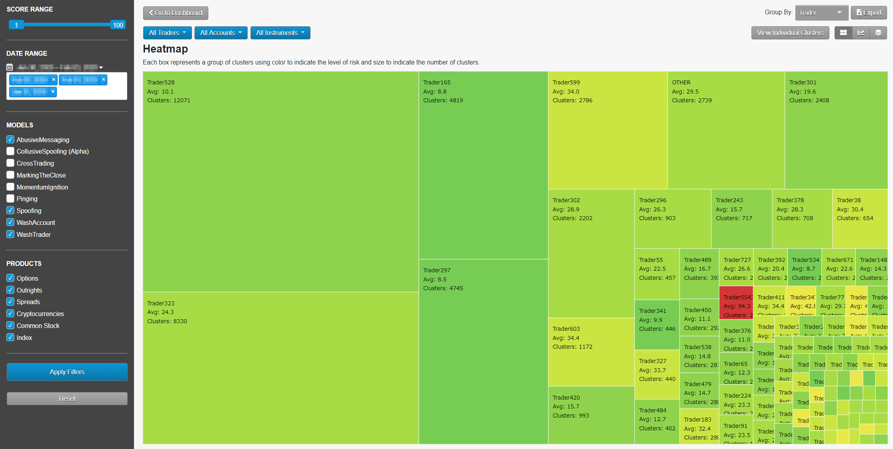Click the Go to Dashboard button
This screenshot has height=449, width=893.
click(175, 13)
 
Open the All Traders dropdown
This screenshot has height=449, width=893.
click(167, 33)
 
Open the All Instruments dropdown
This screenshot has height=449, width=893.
click(280, 33)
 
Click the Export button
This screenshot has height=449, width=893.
click(868, 13)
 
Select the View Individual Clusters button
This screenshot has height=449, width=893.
click(790, 33)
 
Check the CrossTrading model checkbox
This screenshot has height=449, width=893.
click(10, 163)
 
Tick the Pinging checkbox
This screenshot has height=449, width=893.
click(10, 199)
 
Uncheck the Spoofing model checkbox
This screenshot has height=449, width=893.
click(10, 211)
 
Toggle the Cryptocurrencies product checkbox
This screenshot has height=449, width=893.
click(10, 314)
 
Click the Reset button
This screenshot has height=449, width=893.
click(67, 398)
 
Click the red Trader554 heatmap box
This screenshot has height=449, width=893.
click(736, 303)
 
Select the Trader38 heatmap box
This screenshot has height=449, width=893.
click(860, 219)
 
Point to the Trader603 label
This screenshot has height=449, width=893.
click(566, 329)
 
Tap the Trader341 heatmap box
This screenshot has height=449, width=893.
click(657, 324)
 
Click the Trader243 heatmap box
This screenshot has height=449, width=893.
click(741, 219)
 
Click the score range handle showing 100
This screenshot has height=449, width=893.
click(118, 25)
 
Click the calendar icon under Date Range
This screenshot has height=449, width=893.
click(10, 67)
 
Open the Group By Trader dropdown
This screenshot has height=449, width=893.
click(821, 13)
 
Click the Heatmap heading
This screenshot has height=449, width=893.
click(165, 49)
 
